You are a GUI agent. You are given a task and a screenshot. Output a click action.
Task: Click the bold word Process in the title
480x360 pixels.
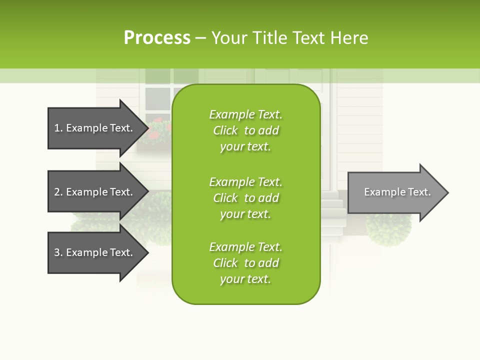coord(157,38)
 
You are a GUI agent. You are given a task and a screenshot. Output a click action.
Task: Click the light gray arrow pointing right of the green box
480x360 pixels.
coord(395,192)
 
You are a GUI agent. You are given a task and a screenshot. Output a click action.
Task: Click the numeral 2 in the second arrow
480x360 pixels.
coord(57,192)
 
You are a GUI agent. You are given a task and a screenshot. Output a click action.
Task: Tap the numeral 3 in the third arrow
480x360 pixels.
coord(57,252)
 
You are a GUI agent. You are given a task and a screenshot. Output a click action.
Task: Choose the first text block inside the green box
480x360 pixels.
coord(245,130)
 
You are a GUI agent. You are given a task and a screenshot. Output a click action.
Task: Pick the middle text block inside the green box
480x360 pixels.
coord(245,198)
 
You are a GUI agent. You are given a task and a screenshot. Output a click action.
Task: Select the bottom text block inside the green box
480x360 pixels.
coord(245,263)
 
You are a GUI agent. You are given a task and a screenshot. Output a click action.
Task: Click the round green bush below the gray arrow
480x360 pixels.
coord(388,230)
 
